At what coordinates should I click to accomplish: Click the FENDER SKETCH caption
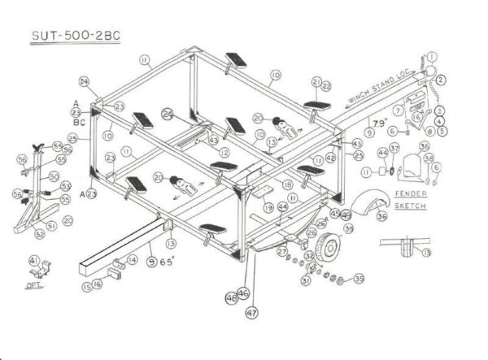411,200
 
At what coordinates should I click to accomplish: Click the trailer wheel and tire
330,247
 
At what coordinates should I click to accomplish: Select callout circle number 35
359,281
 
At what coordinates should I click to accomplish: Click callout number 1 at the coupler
431,59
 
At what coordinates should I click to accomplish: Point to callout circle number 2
440,80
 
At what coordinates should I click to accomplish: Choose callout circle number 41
33,259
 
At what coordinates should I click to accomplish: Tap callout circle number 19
268,208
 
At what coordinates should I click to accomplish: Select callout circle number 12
223,152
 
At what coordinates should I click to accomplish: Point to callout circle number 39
349,229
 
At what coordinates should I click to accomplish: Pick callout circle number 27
281,253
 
